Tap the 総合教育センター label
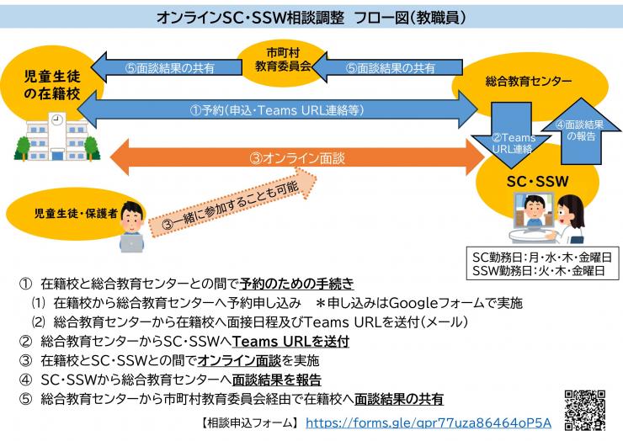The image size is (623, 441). pos(528,82)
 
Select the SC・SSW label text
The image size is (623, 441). pos(542,179)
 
